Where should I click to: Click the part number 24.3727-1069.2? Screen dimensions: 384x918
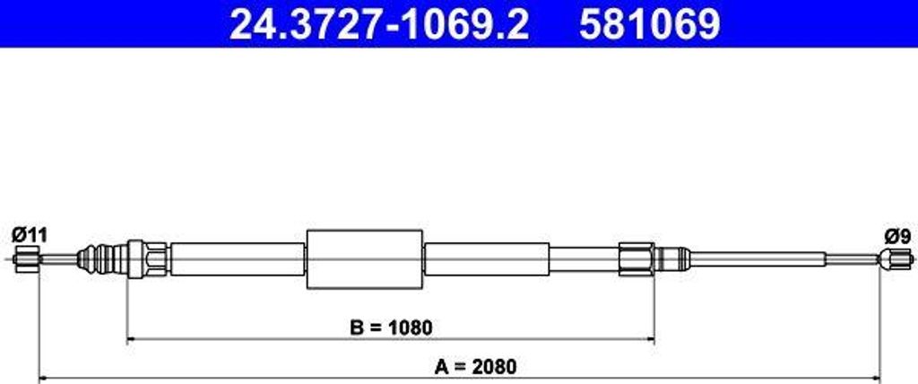378,25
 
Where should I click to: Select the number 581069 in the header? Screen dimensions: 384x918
649,25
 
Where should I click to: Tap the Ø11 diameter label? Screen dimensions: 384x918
29,235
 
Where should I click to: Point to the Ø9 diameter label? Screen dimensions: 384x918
897,236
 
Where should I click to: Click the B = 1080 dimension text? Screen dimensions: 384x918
390,327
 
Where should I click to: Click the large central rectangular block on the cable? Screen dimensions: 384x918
364,259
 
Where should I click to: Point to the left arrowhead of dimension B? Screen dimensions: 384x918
133,339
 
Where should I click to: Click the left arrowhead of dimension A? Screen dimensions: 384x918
39,378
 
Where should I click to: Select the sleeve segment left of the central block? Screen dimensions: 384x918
238,259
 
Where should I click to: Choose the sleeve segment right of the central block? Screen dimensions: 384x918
486,259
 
